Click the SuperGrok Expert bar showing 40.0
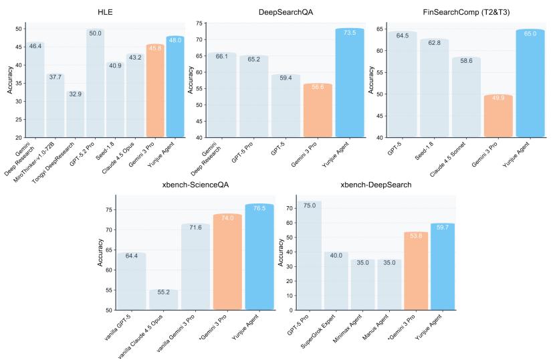pos(341,281)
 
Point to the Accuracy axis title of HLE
pos(8,80)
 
